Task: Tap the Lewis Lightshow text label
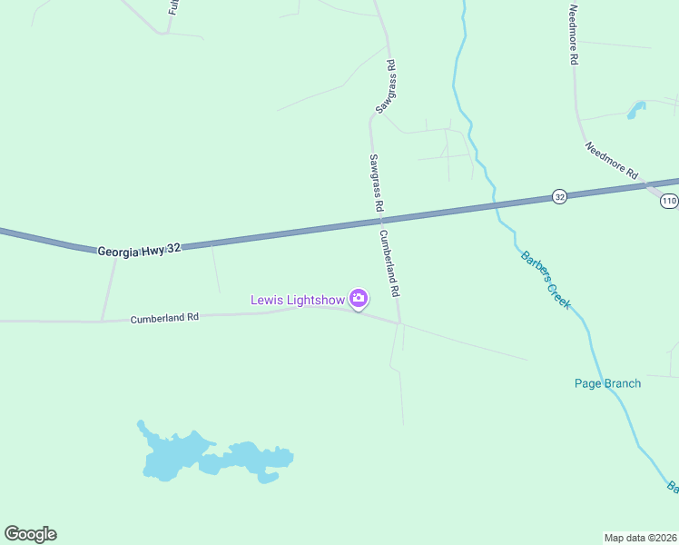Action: click(x=298, y=299)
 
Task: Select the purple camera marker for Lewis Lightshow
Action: click(x=359, y=298)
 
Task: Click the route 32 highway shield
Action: click(x=559, y=196)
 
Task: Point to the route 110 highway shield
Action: click(x=669, y=201)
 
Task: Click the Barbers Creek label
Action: click(x=545, y=280)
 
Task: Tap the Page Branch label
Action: click(x=607, y=383)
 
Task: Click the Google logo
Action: click(x=30, y=534)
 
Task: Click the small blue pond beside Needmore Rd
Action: click(x=635, y=111)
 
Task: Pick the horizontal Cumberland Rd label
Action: click(x=164, y=318)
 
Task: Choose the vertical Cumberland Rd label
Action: click(x=389, y=263)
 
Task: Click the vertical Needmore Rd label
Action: click(x=573, y=35)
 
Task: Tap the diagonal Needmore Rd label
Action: click(x=612, y=160)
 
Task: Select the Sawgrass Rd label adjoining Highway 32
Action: click(x=374, y=182)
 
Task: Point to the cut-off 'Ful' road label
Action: click(x=172, y=7)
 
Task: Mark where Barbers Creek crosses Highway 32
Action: click(x=496, y=205)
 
